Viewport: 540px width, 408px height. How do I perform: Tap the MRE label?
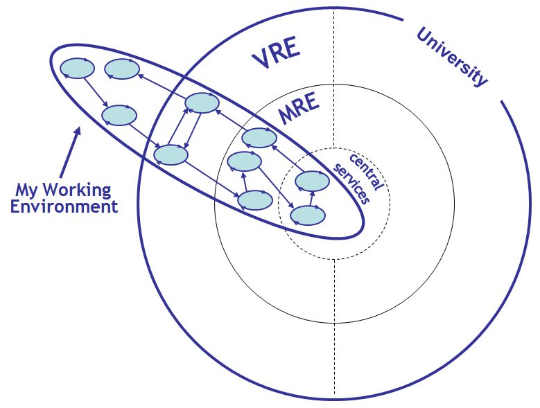click(x=299, y=109)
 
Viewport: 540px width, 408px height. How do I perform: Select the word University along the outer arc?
click(x=451, y=57)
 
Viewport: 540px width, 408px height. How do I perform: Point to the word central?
click(x=363, y=166)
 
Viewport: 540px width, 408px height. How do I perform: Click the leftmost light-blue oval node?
click(x=77, y=69)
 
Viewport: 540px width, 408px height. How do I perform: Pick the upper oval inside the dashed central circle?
click(x=312, y=181)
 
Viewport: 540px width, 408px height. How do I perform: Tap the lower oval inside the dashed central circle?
click(x=307, y=215)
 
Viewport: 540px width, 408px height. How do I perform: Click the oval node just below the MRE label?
click(x=259, y=138)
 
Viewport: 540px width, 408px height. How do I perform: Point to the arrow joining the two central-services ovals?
click(x=311, y=198)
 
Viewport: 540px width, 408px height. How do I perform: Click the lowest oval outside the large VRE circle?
click(x=119, y=115)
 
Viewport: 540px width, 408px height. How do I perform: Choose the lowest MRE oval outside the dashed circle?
click(x=254, y=200)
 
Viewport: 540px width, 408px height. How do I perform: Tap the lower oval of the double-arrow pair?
click(x=171, y=154)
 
